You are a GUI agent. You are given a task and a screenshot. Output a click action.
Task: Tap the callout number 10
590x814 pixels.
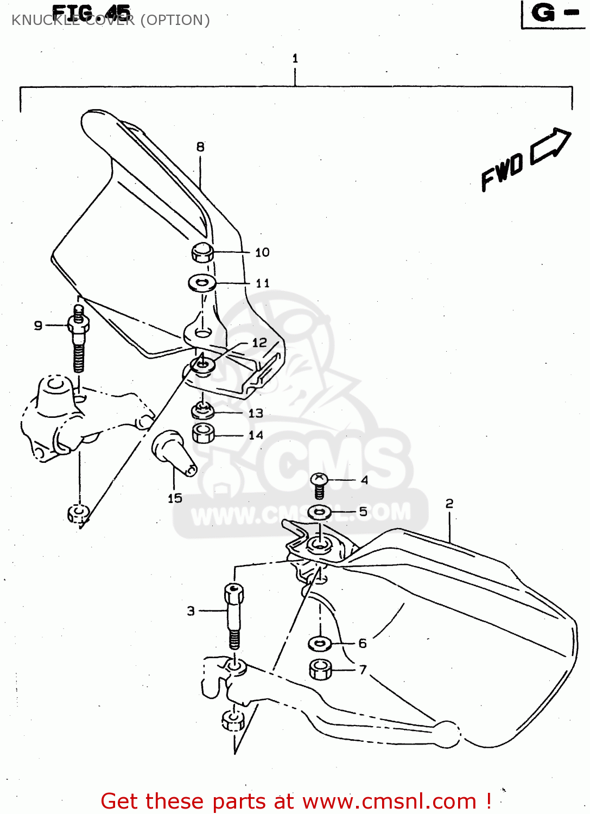(262, 252)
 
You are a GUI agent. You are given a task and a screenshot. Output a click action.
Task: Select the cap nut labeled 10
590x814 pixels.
(202, 252)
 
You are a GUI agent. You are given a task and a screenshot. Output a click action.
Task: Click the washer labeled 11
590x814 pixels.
(202, 283)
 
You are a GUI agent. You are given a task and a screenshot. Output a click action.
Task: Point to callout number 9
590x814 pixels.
(38, 325)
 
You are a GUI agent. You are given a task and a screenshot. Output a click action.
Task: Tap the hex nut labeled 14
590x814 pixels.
(204, 434)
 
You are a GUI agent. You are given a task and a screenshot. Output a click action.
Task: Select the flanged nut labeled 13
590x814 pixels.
(202, 411)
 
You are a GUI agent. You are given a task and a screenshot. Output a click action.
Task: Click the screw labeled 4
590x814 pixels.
(319, 485)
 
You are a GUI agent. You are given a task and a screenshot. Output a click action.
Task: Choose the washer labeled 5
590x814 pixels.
(320, 511)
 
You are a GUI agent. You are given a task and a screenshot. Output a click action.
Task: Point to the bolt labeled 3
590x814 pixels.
(234, 615)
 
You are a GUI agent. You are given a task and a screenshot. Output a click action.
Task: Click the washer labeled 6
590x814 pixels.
(320, 644)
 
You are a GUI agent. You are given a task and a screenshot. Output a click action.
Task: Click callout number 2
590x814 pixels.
(449, 504)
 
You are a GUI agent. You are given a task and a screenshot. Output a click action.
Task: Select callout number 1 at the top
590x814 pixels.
(295, 58)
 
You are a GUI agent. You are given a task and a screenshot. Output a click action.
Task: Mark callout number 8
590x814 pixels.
(200, 147)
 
